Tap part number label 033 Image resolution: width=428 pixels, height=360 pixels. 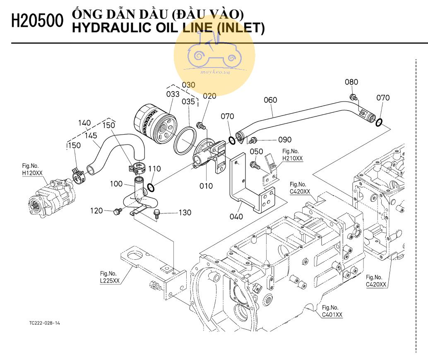(x=173, y=94)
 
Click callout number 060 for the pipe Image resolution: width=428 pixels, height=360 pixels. (x=270, y=100)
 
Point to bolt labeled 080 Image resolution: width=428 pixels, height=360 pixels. (x=353, y=97)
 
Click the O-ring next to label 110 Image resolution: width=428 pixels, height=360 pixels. (x=151, y=188)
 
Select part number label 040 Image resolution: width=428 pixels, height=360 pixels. (x=236, y=217)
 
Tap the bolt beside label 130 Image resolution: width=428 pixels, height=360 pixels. (x=156, y=213)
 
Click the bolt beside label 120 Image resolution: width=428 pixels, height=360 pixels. (x=116, y=212)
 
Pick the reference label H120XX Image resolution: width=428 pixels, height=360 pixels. (x=32, y=172)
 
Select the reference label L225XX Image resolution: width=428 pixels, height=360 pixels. (x=110, y=280)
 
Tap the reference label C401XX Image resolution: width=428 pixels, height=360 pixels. (x=332, y=314)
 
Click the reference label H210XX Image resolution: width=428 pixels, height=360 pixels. (x=292, y=158)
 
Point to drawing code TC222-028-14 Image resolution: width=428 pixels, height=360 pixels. (x=45, y=323)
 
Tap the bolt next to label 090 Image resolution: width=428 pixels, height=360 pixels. (x=254, y=139)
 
